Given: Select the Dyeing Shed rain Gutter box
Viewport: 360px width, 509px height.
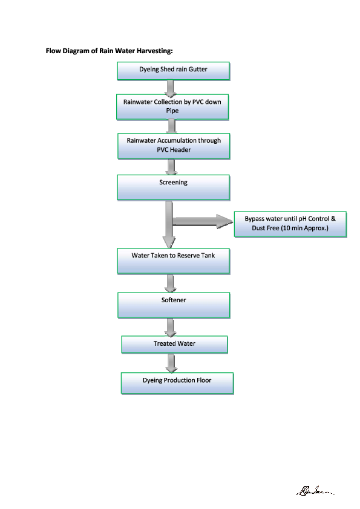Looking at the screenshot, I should click(173, 70).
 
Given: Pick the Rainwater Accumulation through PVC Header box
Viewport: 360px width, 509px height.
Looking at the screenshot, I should click(174, 145).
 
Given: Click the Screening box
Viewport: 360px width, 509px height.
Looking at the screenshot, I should click(173, 187).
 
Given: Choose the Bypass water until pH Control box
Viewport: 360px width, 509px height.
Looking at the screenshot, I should click(290, 225).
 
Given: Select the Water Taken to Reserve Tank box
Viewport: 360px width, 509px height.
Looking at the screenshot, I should click(173, 260).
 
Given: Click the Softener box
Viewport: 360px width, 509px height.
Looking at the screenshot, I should click(174, 305).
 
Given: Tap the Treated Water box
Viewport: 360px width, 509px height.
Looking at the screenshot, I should click(174, 345).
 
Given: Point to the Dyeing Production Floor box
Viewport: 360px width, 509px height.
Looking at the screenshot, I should click(177, 383).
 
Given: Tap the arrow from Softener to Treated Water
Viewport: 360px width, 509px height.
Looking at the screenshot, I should click(171, 327).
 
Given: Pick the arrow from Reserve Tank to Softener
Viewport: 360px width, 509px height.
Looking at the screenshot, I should click(171, 283).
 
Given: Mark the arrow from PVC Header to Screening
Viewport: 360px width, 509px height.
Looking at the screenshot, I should click(172, 167).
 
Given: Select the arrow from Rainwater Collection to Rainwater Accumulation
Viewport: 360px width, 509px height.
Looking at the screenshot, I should click(172, 126).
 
